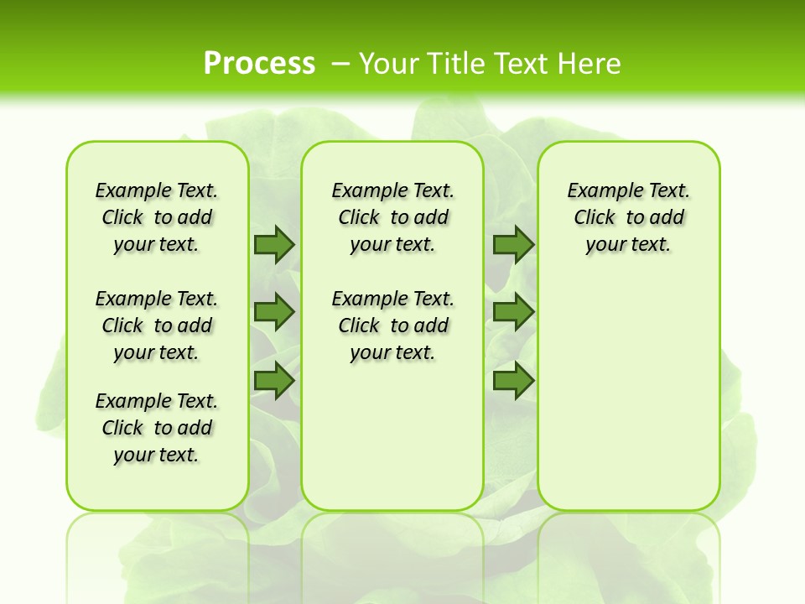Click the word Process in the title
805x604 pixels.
pyautogui.click(x=259, y=63)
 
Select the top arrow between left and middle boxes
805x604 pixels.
pyautogui.click(x=273, y=244)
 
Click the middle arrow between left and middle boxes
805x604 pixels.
pyautogui.click(x=273, y=312)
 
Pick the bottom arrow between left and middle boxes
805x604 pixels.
pyautogui.click(x=273, y=380)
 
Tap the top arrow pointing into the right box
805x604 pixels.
pyautogui.click(x=513, y=244)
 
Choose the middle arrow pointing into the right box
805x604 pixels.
pyautogui.click(x=513, y=312)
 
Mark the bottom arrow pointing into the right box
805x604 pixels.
pyautogui.click(x=513, y=380)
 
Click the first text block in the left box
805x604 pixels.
pyautogui.click(x=157, y=217)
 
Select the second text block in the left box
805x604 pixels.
pyautogui.click(x=157, y=325)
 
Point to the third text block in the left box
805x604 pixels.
pyautogui.click(x=157, y=428)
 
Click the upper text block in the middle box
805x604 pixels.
pyautogui.click(x=393, y=217)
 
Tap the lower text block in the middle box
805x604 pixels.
pyautogui.click(x=393, y=325)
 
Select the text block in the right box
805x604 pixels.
pyautogui.click(x=629, y=217)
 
